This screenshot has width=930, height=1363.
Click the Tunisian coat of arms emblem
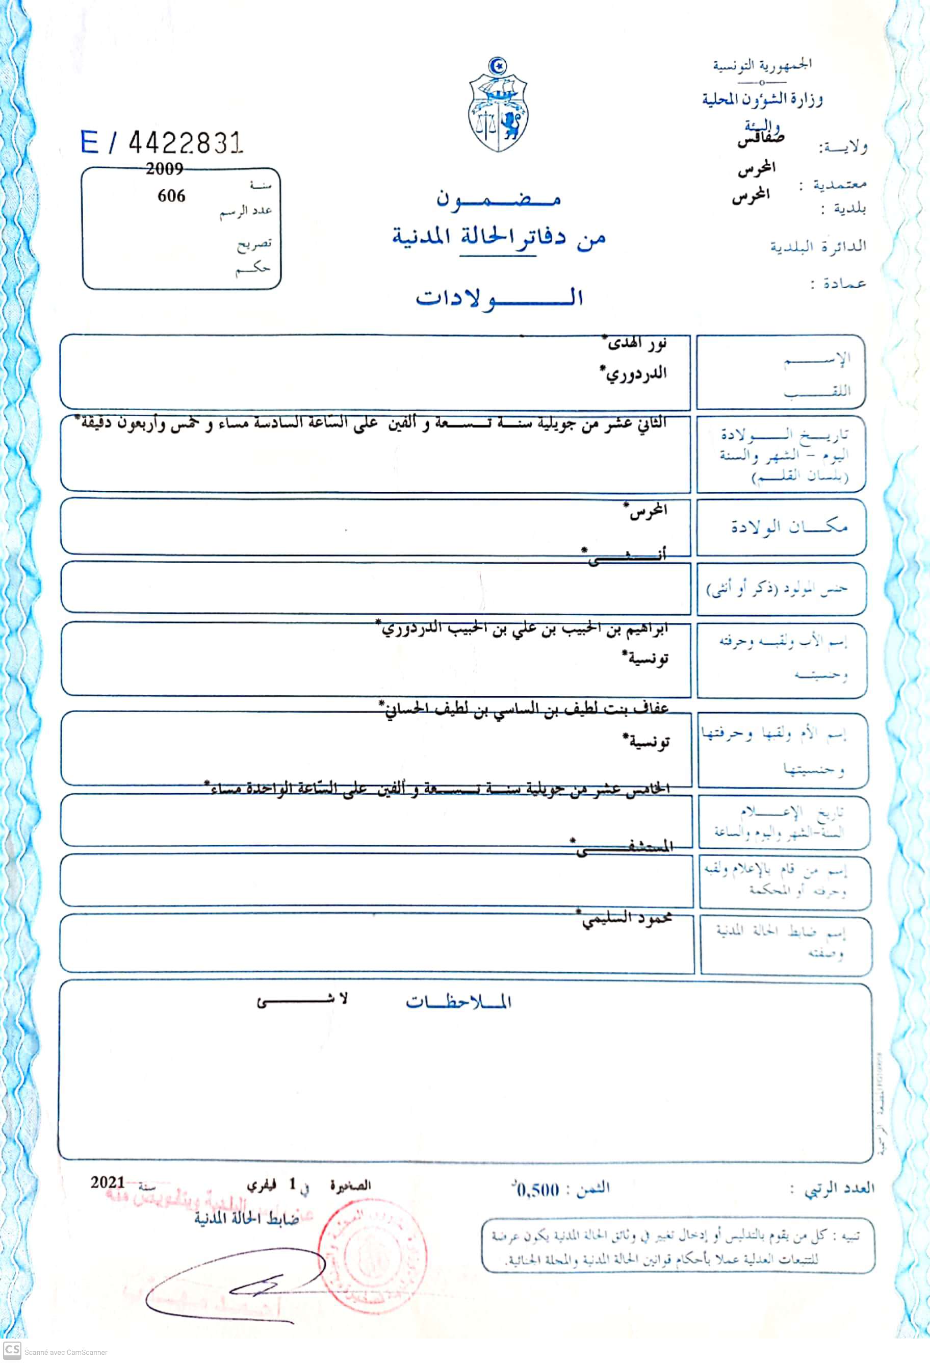pyautogui.click(x=499, y=106)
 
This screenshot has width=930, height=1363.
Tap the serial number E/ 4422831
pyautogui.click(x=161, y=142)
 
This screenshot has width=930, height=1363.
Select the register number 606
pyautogui.click(x=171, y=196)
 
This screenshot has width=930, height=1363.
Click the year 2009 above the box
pyautogui.click(x=164, y=169)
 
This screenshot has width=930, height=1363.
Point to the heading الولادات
pyautogui.click(x=499, y=298)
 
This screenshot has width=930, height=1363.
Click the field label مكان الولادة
pyautogui.click(x=789, y=526)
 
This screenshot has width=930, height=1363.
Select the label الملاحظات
pyautogui.click(x=458, y=1002)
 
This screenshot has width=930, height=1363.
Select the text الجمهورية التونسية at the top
pyautogui.click(x=762, y=65)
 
